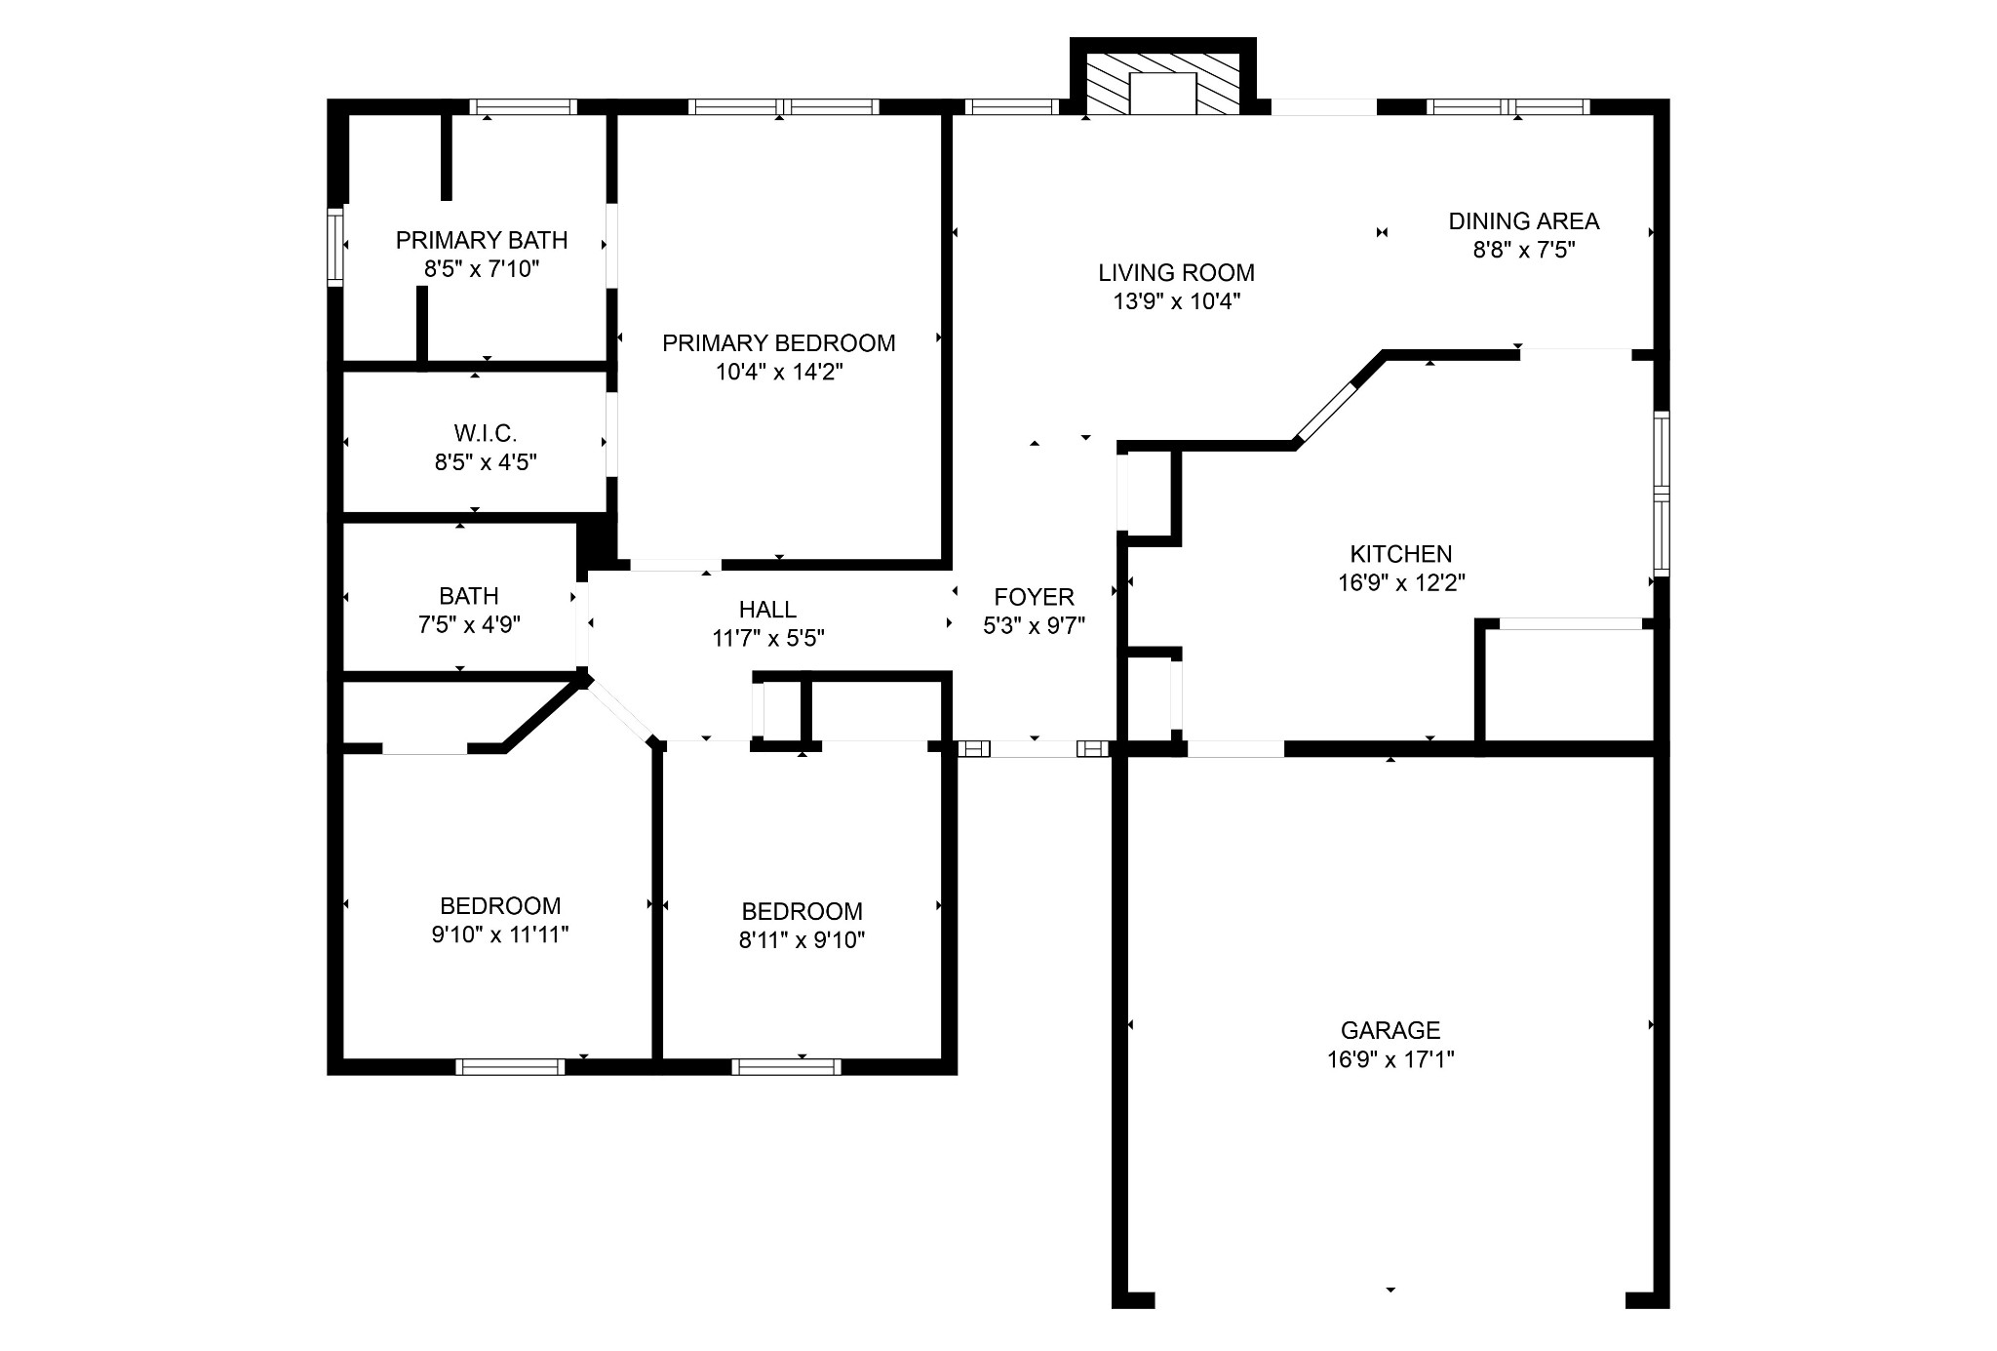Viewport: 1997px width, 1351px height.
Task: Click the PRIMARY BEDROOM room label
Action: coord(778,343)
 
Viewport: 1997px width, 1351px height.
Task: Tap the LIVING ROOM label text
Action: coord(1176,273)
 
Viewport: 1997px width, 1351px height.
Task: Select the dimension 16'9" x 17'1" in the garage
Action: coord(1390,1059)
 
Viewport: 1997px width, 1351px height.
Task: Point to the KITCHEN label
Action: coord(1401,554)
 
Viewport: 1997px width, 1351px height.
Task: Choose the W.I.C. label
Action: coord(486,433)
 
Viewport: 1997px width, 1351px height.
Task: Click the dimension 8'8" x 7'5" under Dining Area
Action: coord(1524,250)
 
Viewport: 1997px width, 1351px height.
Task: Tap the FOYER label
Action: coord(1034,597)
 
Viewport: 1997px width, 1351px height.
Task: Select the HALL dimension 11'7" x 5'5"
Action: coord(768,638)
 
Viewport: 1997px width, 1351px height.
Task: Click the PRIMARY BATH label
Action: coord(482,240)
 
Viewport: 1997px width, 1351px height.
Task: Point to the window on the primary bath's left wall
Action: coord(335,245)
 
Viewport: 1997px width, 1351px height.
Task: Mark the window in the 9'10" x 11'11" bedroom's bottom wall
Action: coord(510,1067)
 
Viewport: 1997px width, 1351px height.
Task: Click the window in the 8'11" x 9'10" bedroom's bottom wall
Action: coord(786,1067)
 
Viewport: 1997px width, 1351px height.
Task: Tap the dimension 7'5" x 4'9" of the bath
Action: coord(469,624)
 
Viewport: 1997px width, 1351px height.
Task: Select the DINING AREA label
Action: coord(1524,221)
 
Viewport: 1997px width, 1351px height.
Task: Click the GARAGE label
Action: coord(1390,1030)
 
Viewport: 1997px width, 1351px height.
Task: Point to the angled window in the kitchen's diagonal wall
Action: coord(1324,414)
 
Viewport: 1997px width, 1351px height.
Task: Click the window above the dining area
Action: coord(1508,107)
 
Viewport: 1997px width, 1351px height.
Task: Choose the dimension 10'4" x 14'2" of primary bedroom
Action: coord(778,372)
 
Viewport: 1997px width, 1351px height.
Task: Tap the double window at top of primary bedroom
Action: coord(784,107)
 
